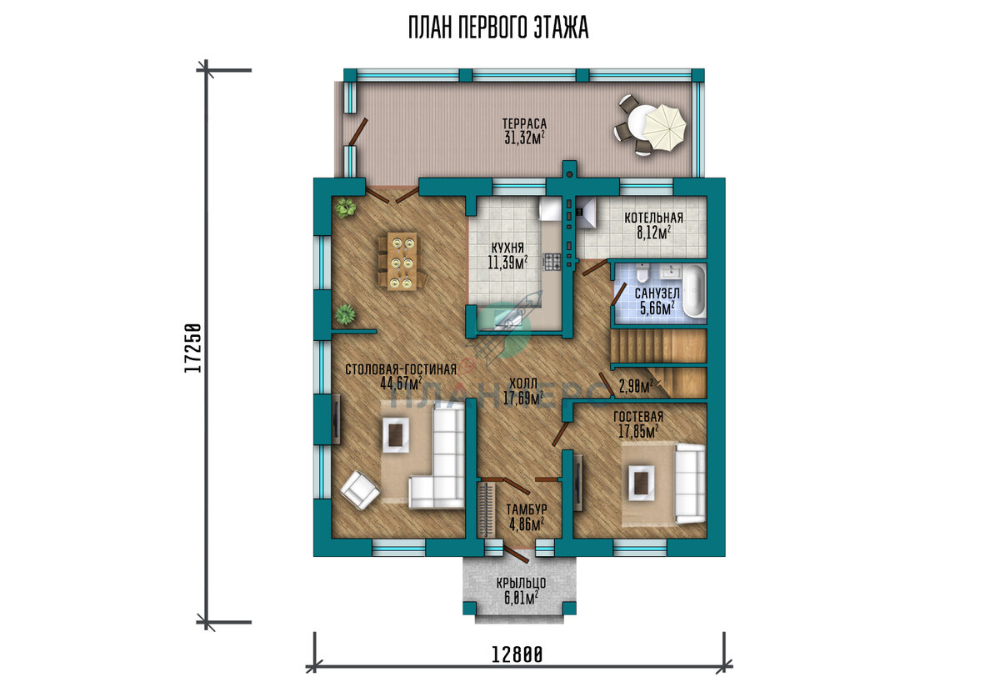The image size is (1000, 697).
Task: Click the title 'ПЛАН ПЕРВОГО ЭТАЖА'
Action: [x=498, y=28]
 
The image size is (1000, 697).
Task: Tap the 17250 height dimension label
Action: [x=193, y=348]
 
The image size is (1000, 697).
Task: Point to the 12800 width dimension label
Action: [x=517, y=655]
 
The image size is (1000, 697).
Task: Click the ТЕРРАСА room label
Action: [x=524, y=123]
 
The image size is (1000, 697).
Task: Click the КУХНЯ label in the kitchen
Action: [x=507, y=248]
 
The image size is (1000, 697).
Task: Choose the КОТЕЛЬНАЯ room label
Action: [x=653, y=218]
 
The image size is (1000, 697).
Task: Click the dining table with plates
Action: [x=402, y=261]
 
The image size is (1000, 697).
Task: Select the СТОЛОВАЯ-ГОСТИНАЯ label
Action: [x=401, y=369]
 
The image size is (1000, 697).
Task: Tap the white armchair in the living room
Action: [x=360, y=490]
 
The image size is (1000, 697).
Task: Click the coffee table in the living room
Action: [x=396, y=434]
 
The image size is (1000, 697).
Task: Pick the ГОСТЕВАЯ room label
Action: [x=638, y=417]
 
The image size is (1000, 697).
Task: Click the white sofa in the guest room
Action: [x=691, y=483]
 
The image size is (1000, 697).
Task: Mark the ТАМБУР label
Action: [x=527, y=509]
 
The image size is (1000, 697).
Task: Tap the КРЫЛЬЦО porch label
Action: [x=521, y=583]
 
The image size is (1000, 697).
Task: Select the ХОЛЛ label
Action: [x=523, y=383]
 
